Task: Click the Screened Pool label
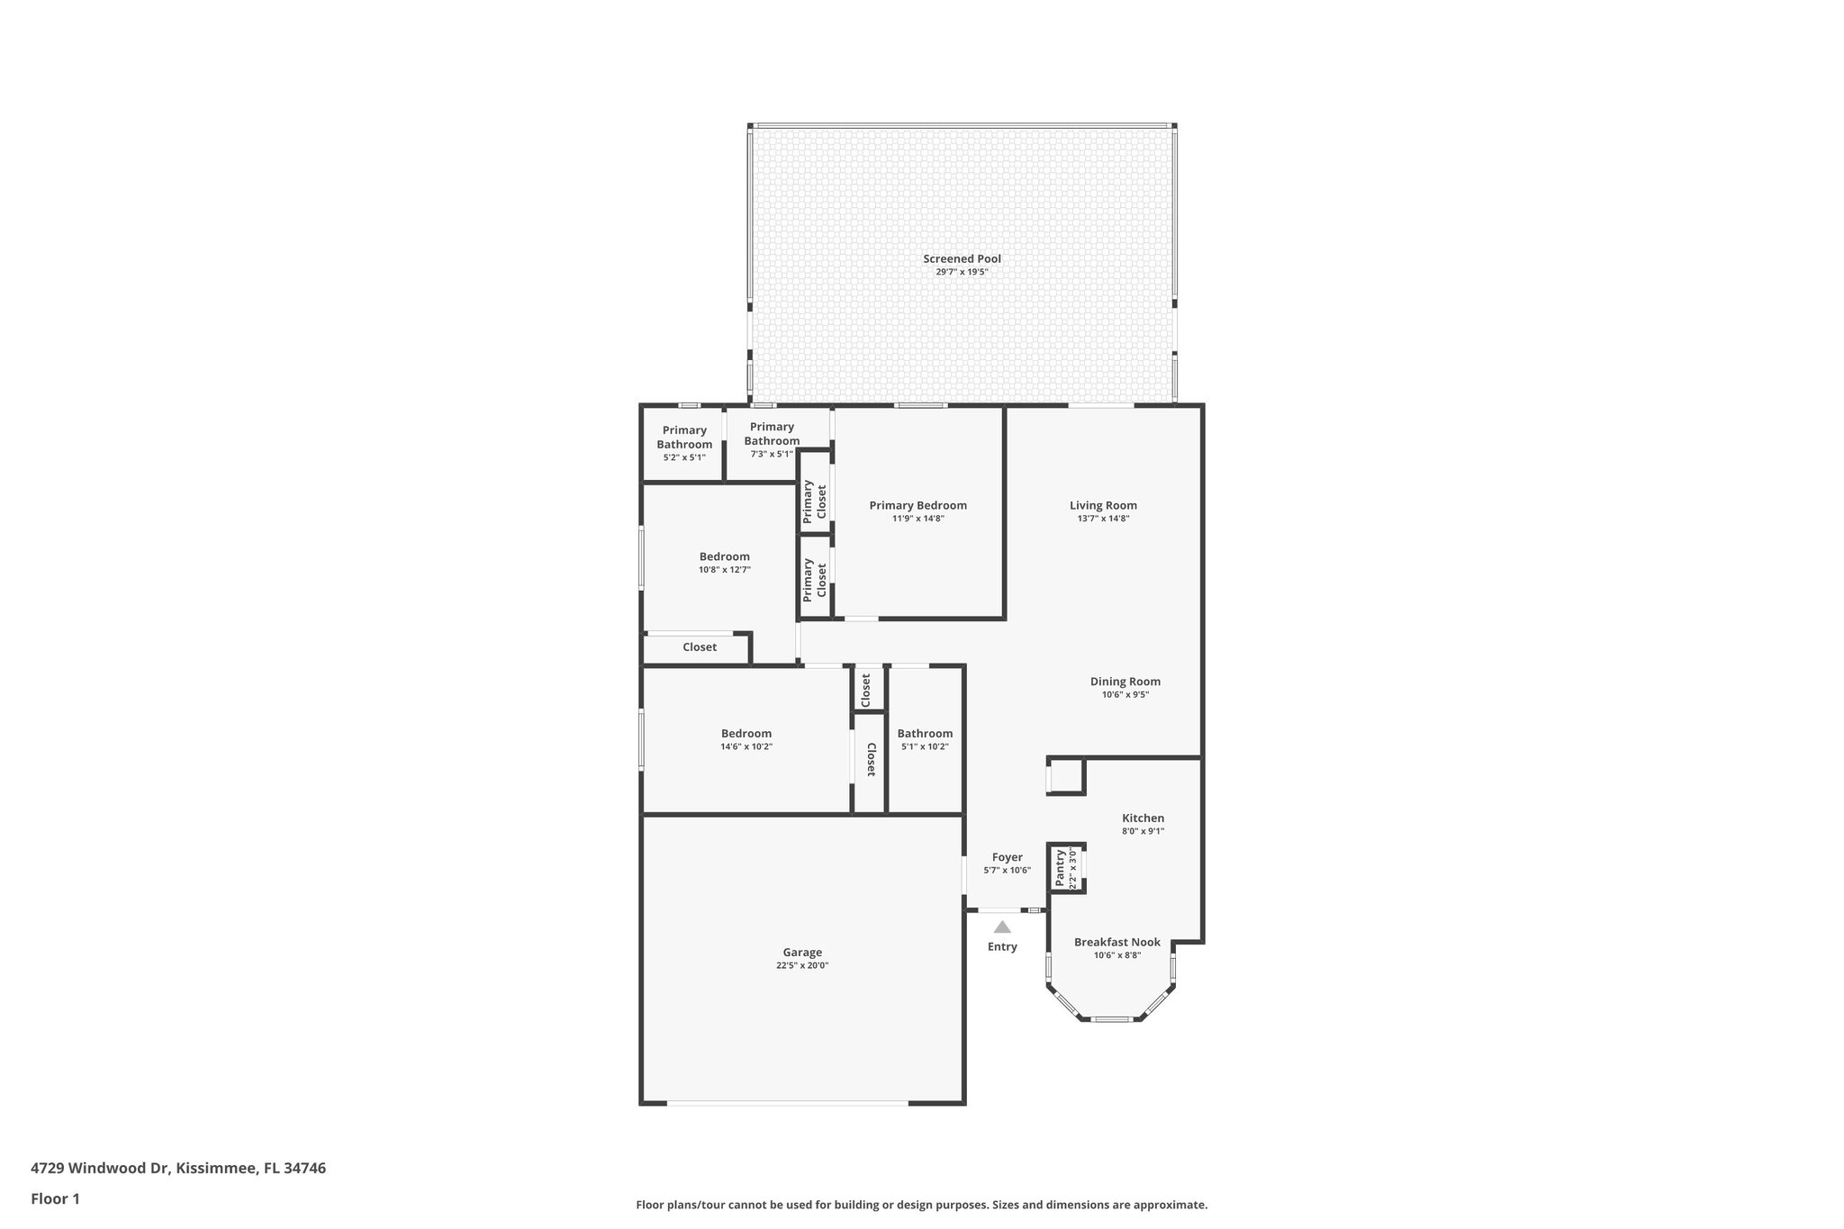point(962,259)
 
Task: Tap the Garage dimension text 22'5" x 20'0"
point(801,965)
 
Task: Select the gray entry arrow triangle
point(1002,926)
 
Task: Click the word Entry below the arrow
point(1002,946)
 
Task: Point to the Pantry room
point(1065,869)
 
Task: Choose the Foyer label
point(1007,857)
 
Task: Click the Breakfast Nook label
point(1116,943)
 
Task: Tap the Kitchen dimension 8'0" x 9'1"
point(1143,831)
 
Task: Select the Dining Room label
point(1125,682)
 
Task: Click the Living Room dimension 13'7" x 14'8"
point(1103,519)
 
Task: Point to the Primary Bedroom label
point(917,505)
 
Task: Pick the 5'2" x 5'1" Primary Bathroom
point(684,443)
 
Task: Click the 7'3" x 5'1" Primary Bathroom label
point(772,434)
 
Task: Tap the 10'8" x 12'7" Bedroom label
point(724,556)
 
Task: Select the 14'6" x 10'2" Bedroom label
point(746,734)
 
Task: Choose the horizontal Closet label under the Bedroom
point(700,647)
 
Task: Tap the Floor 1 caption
point(55,1198)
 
